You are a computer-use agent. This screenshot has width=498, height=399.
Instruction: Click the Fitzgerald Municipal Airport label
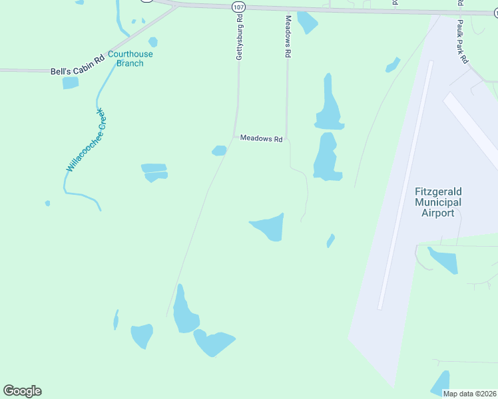[x=437, y=202]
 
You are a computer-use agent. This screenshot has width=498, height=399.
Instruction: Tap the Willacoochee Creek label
[x=87, y=140]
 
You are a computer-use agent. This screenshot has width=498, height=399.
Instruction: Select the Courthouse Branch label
[x=130, y=59]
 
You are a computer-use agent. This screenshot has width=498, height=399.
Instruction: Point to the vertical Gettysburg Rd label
[x=239, y=38]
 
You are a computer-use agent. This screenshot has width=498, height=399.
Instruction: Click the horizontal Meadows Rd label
[x=262, y=139]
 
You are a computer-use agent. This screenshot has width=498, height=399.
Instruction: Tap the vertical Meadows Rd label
[x=288, y=38]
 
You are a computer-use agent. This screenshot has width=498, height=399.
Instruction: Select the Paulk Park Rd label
[x=463, y=42]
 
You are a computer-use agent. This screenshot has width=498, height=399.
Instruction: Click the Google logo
[x=22, y=391]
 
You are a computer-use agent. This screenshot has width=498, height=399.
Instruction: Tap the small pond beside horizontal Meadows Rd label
[x=219, y=151]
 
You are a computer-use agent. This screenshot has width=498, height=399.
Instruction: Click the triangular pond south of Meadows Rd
[x=270, y=227]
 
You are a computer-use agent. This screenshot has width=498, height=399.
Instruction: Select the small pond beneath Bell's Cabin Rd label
[x=70, y=83]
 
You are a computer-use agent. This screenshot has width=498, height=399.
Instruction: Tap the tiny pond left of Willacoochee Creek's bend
[x=47, y=203]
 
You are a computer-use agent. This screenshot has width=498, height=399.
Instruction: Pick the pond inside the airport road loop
[x=443, y=259]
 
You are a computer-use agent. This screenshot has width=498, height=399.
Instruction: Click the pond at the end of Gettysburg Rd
[x=184, y=311]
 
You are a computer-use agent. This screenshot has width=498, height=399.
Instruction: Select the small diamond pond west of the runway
[x=330, y=240]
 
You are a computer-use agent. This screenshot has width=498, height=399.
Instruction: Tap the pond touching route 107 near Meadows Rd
[x=307, y=22]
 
